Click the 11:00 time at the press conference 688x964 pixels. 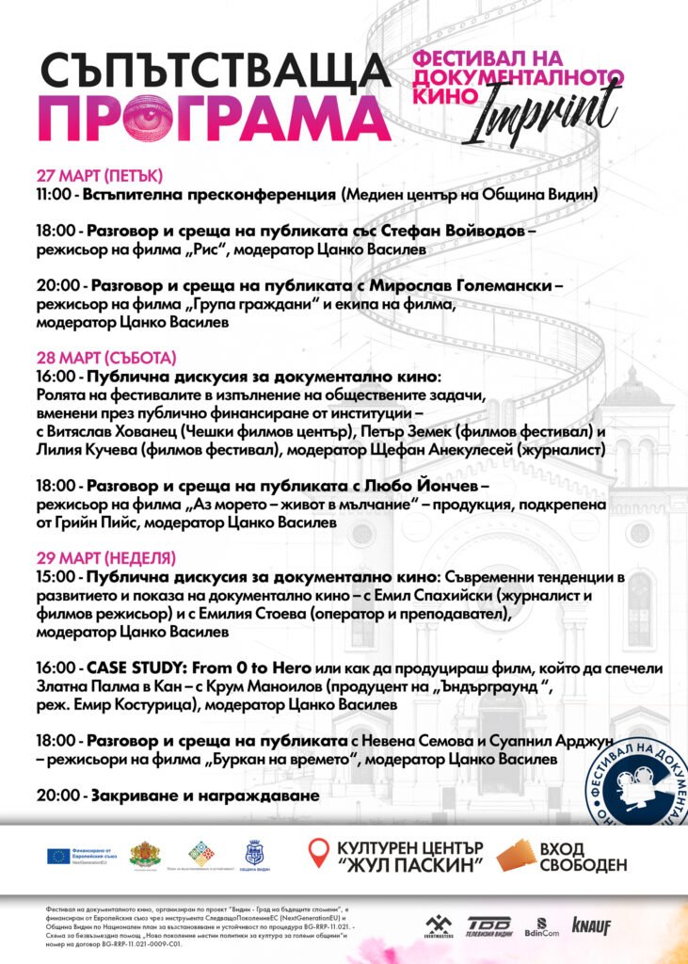55,195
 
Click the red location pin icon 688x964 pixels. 320,855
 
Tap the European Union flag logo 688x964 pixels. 57,856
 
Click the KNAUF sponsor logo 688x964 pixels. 591,926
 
